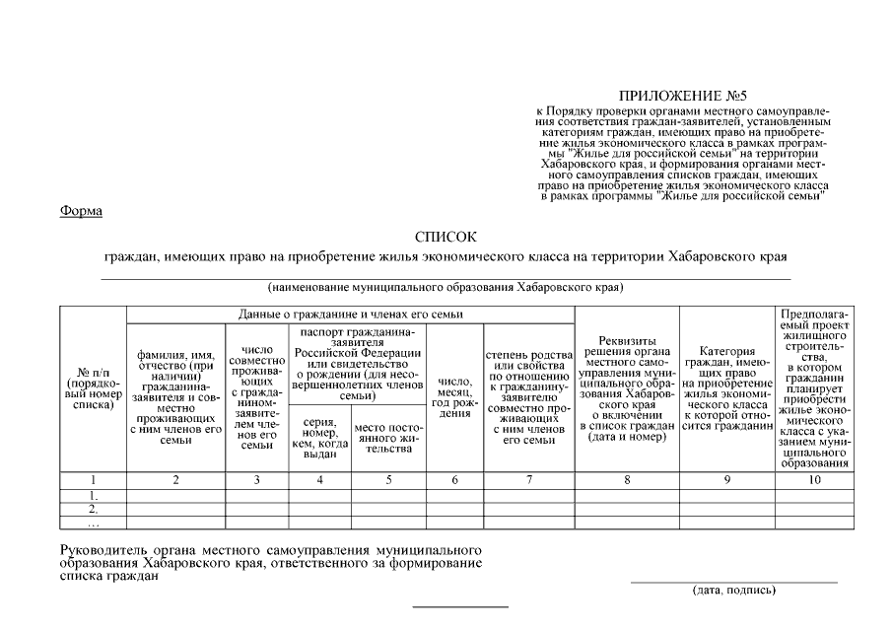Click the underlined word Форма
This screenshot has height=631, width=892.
pos(82,211)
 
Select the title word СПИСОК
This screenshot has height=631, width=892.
pos(446,237)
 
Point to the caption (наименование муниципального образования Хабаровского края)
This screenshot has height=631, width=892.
pos(446,288)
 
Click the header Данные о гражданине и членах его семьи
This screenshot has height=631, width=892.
pos(351,314)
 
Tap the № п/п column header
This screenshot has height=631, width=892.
pos(93,388)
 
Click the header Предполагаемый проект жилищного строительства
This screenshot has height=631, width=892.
pos(813,388)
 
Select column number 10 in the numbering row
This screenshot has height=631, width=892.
pos(813,480)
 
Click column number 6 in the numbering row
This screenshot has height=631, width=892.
pos(454,480)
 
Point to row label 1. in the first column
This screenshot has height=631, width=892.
pos(93,495)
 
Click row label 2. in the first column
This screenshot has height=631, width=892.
pos(93,509)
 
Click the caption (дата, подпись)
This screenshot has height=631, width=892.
pos(733,591)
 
